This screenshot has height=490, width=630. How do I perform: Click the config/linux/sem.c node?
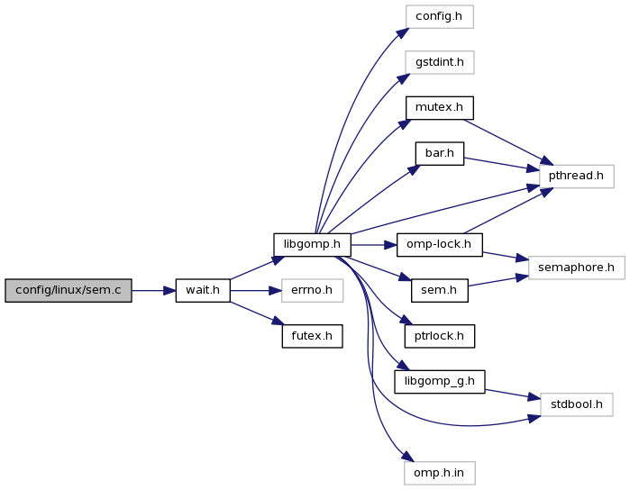pyautogui.click(x=68, y=291)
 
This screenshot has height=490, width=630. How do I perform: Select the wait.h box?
pyautogui.click(x=203, y=291)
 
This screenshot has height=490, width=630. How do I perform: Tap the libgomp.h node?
pyautogui.click(x=312, y=244)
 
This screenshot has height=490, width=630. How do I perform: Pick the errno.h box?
pyautogui.click(x=312, y=291)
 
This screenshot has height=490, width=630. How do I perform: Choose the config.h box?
pyautogui.click(x=439, y=16)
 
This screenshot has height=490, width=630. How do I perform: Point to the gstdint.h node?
pyautogui.click(x=439, y=62)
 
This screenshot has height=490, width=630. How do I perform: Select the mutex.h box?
pyautogui.click(x=439, y=108)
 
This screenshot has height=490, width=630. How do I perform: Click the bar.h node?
pyautogui.click(x=439, y=154)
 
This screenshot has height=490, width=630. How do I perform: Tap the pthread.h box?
pyautogui.click(x=576, y=176)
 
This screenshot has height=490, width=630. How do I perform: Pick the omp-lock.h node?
pyautogui.click(x=439, y=244)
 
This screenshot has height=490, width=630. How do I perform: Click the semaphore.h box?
pyautogui.click(x=576, y=268)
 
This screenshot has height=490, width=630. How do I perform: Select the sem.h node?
pyautogui.click(x=439, y=291)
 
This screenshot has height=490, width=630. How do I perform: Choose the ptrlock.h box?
pyautogui.click(x=439, y=337)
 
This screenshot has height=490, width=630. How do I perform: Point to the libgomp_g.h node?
pyautogui.click(x=439, y=382)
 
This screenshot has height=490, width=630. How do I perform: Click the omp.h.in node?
pyautogui.click(x=439, y=472)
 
